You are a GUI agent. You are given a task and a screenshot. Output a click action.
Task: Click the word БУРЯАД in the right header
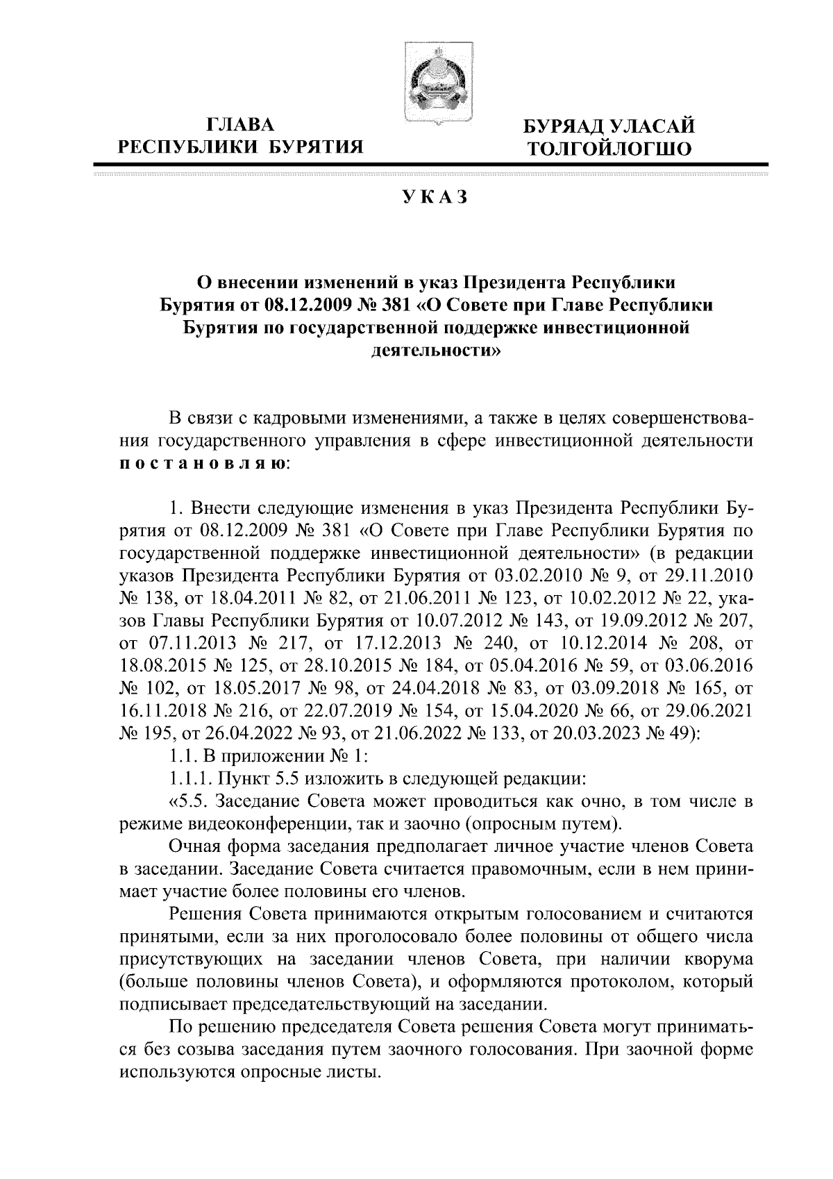565,126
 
